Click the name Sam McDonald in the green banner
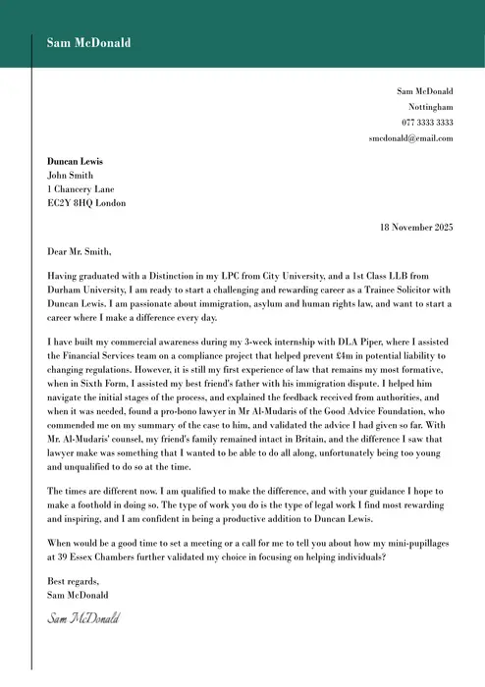88,42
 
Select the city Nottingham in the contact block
431,106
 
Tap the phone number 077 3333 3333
427,122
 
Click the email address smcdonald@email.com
410,138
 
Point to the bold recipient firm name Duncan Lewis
75,161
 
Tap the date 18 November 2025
416,227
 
